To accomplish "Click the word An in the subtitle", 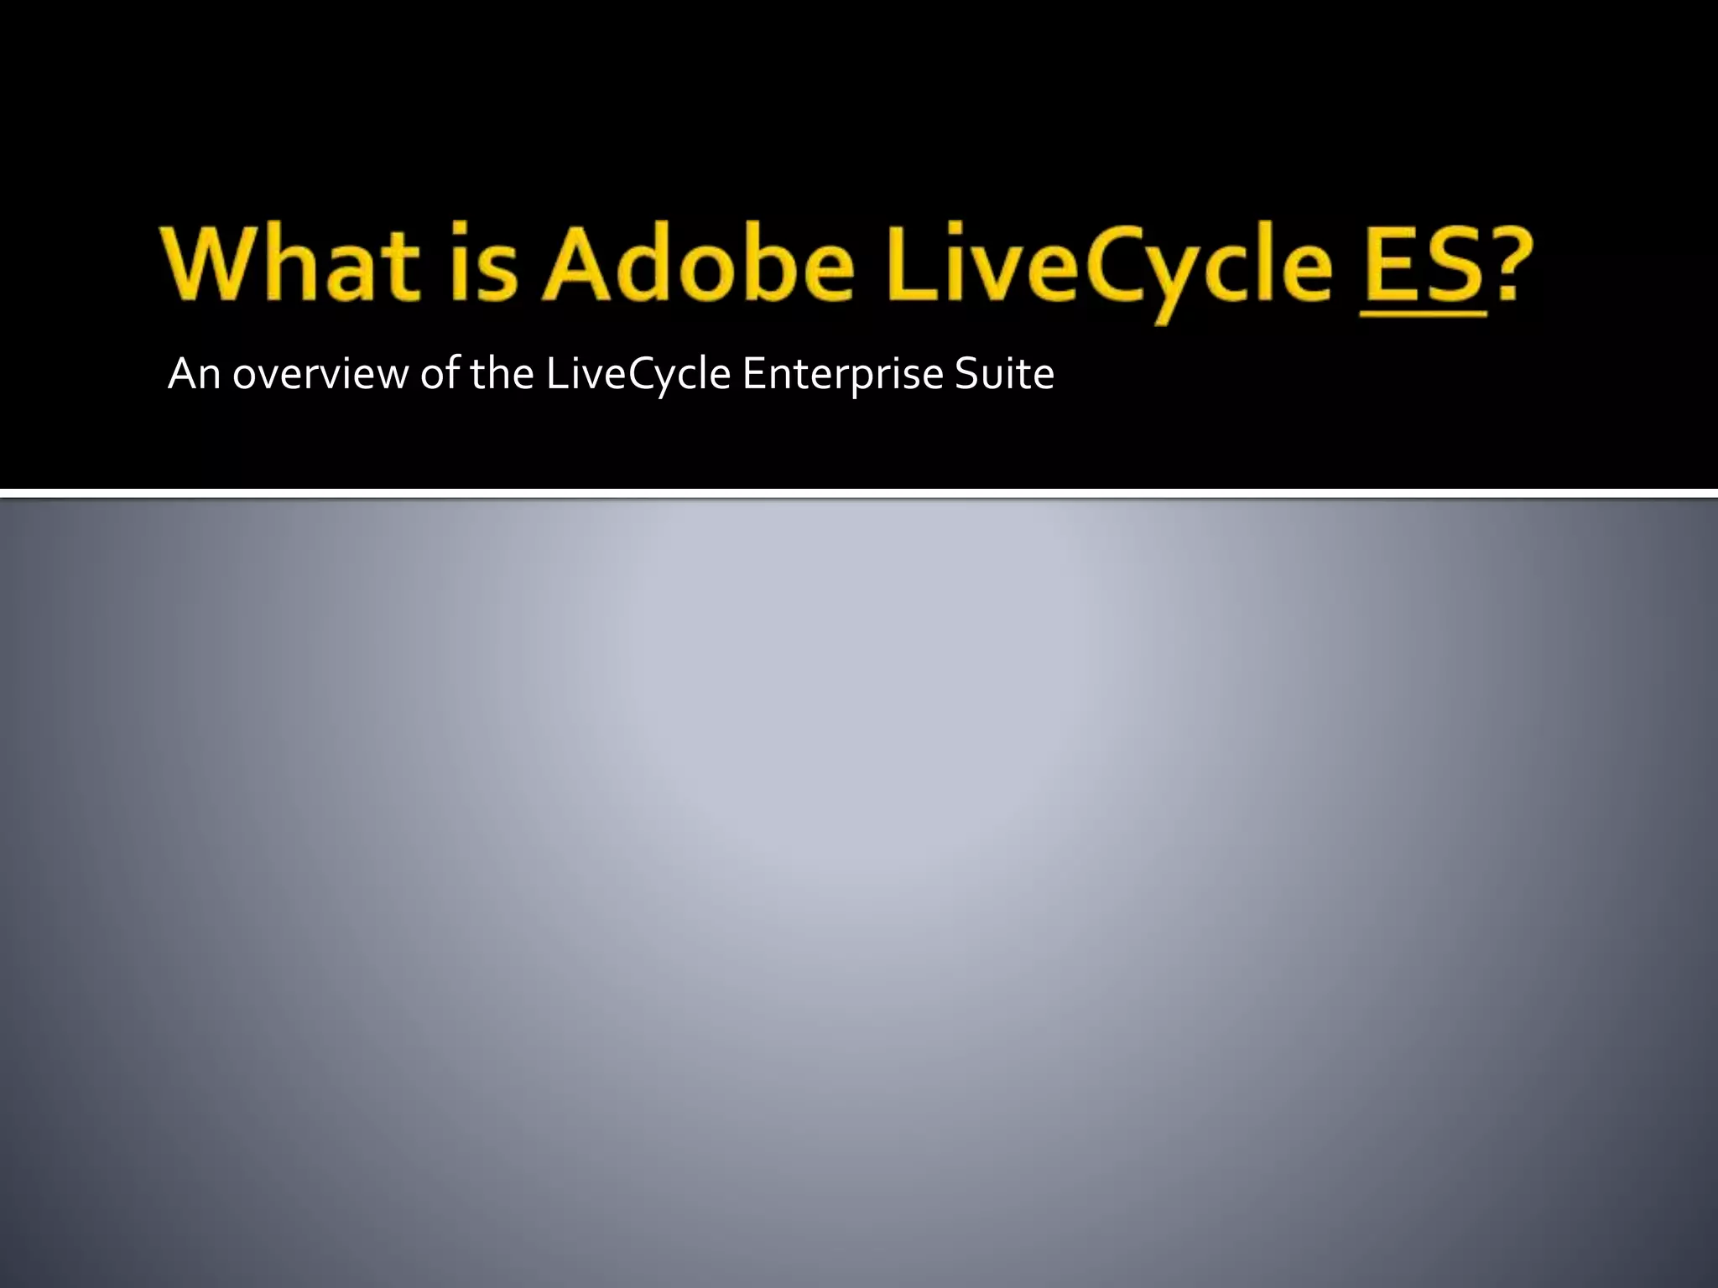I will click(194, 374).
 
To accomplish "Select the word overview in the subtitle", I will click(320, 374).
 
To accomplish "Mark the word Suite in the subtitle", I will click(1004, 374).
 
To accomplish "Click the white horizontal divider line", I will click(859, 493).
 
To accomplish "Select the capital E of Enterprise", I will click(752, 374).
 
